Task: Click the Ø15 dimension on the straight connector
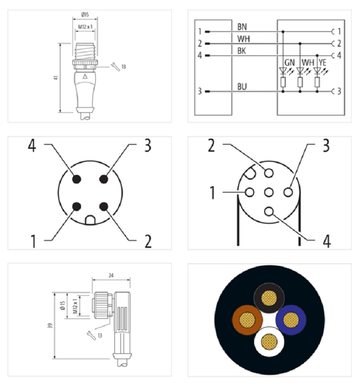click(85, 15)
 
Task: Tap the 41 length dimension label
click(56, 77)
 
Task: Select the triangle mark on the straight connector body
click(85, 77)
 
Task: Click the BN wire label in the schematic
click(242, 27)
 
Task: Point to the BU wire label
click(242, 87)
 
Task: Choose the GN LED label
click(290, 63)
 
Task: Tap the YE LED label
click(323, 63)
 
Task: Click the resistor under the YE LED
click(317, 82)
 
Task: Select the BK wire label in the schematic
click(242, 51)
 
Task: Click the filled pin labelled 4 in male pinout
click(76, 179)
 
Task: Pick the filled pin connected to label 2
click(104, 207)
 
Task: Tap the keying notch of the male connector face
click(90, 220)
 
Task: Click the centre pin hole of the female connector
click(269, 192)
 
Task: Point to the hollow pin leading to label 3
click(288, 192)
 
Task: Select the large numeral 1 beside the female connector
click(212, 193)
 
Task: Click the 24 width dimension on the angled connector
click(111, 276)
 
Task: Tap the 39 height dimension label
click(51, 326)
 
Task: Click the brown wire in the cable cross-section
click(247, 320)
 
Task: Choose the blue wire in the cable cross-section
click(291, 320)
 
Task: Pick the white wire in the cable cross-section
click(269, 341)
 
